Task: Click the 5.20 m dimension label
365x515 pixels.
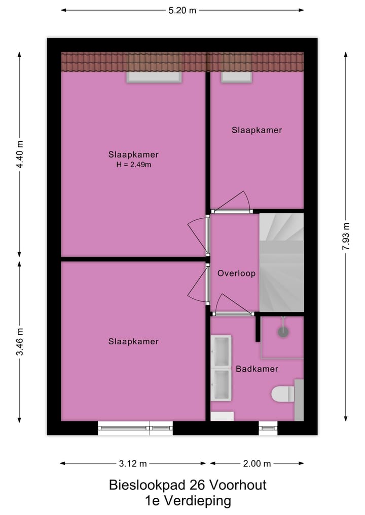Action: click(182, 10)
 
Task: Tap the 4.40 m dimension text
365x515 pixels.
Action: click(20, 154)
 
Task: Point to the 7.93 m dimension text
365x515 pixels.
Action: click(346, 236)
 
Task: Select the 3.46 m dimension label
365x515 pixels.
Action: click(20, 342)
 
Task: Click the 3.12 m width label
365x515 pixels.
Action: click(133, 463)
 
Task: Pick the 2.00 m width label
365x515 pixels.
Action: click(257, 463)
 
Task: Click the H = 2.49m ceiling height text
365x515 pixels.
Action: click(133, 164)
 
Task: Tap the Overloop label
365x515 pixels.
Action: click(236, 273)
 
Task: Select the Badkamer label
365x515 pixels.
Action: click(257, 369)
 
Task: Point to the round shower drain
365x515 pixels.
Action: click(283, 332)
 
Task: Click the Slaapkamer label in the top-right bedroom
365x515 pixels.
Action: click(257, 130)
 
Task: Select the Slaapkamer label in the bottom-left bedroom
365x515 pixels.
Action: click(133, 342)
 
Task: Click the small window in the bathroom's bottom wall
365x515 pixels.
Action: click(268, 428)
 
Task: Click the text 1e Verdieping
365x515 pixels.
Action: click(188, 501)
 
